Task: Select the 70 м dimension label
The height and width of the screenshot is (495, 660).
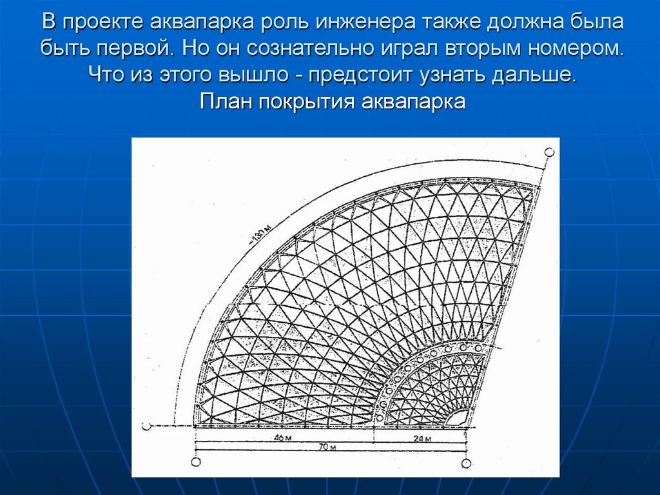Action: (x=329, y=447)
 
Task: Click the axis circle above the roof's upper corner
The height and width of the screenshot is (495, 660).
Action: (x=548, y=152)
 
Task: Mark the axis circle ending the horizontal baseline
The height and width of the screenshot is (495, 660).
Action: (x=146, y=426)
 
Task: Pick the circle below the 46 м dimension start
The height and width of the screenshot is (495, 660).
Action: (x=196, y=461)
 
